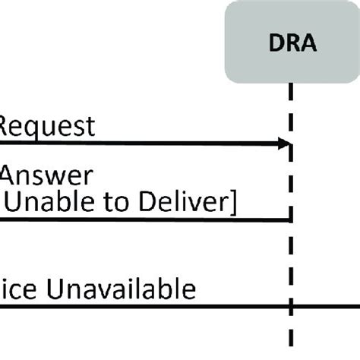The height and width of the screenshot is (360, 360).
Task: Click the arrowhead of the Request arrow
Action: point(286,144)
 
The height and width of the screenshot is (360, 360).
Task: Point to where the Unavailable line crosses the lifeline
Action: point(292,307)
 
